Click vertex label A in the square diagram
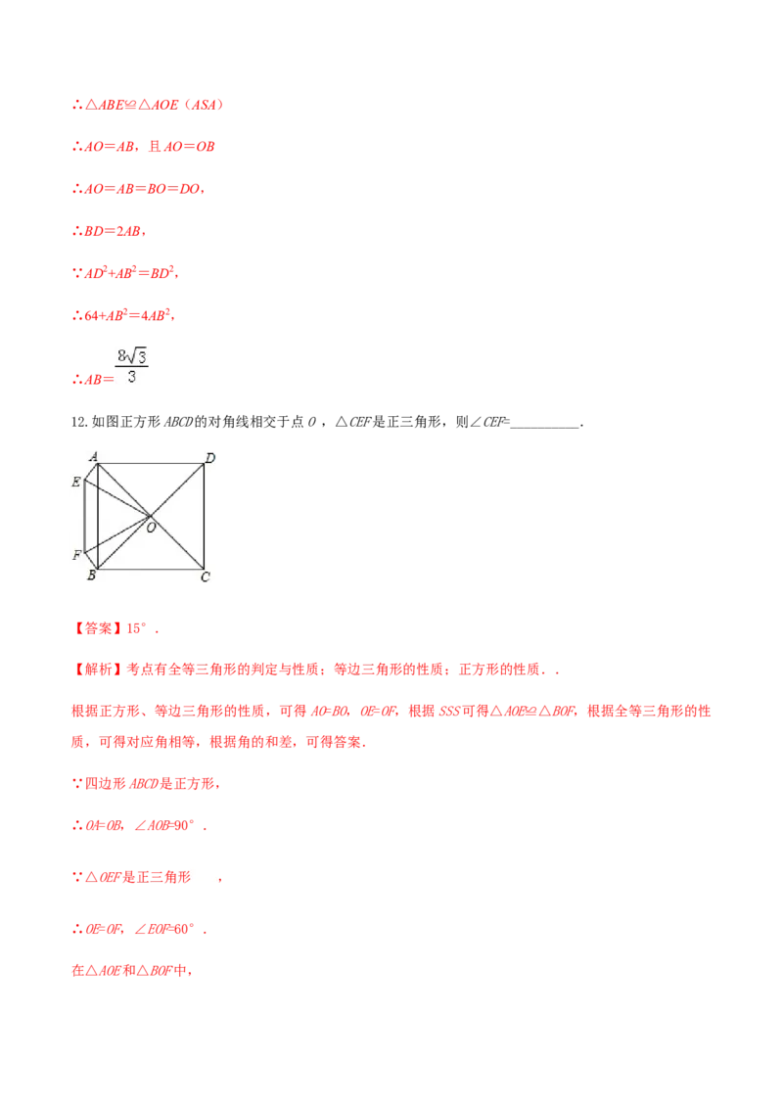[93, 456]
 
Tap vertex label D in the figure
[209, 458]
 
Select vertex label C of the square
[205, 577]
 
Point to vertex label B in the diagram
[91, 576]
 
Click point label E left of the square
[76, 482]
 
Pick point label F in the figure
[76, 555]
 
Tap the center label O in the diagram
[151, 528]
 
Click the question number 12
[79, 423]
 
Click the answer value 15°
[136, 628]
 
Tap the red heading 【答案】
[99, 628]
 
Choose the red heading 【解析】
[99, 669]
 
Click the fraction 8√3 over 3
[131, 366]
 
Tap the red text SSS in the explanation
[448, 711]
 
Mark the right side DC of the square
[205, 517]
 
